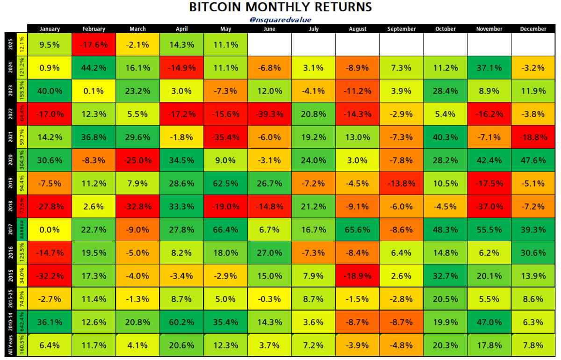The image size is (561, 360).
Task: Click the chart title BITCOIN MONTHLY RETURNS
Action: pyautogui.click(x=280, y=7)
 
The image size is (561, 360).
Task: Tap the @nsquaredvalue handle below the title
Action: pyautogui.click(x=280, y=20)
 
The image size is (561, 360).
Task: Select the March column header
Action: pyautogui.click(x=138, y=29)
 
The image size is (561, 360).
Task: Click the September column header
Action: pyautogui.click(x=402, y=29)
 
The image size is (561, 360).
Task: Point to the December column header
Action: pyautogui.click(x=533, y=29)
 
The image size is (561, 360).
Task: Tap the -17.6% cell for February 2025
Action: pyautogui.click(x=93, y=45)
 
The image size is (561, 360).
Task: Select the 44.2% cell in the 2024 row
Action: pyautogui.click(x=93, y=68)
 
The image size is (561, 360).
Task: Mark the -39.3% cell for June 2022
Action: pyautogui.click(x=270, y=114)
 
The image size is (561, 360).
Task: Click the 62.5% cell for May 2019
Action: pyautogui.click(x=226, y=184)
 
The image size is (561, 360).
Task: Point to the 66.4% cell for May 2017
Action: pyautogui.click(x=226, y=230)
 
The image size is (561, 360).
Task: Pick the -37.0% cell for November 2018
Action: pyautogui.click(x=489, y=207)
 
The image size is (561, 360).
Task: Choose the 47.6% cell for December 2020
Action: pyautogui.click(x=533, y=160)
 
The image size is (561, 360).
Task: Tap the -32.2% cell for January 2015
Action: pyautogui.click(x=50, y=276)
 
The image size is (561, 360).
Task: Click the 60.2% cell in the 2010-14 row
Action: pyautogui.click(x=182, y=323)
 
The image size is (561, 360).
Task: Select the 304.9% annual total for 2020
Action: pyautogui.click(x=22, y=160)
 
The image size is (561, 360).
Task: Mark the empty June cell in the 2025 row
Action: pyautogui.click(x=270, y=45)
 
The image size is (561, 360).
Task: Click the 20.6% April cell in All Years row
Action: pyautogui.click(x=182, y=346)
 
